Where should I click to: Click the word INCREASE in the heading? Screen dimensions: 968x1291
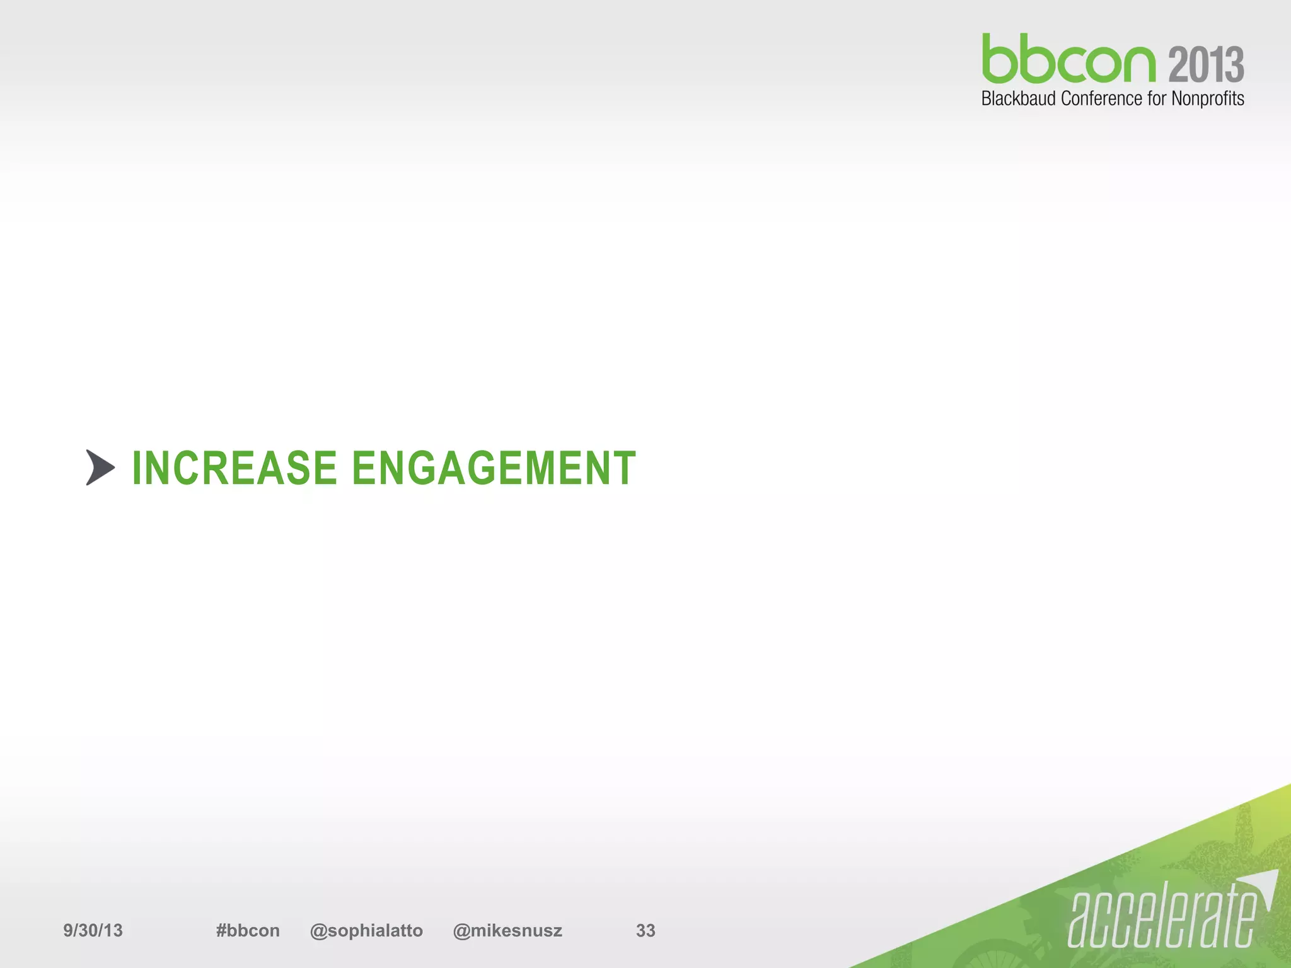tap(234, 468)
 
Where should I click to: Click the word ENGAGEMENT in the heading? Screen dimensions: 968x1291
tap(494, 468)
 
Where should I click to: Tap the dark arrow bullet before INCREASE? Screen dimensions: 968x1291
tap(100, 468)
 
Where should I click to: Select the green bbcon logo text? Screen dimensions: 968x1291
tap(1068, 60)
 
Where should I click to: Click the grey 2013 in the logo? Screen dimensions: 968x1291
tap(1206, 65)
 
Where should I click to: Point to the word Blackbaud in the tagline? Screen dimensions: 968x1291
tap(1018, 99)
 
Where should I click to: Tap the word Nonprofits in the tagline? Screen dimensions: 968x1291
tap(1207, 99)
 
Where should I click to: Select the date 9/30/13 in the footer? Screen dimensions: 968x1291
tap(93, 930)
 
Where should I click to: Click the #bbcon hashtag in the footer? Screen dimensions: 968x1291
tap(248, 930)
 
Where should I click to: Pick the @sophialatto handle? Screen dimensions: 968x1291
tap(366, 930)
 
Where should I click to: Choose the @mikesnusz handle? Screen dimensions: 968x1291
tap(507, 930)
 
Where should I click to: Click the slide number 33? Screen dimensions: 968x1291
tap(645, 930)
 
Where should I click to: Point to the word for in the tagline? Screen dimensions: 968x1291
tap(1157, 99)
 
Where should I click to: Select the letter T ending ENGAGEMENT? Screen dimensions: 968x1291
tap(624, 468)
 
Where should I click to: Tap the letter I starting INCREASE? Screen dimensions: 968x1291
tap(137, 468)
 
